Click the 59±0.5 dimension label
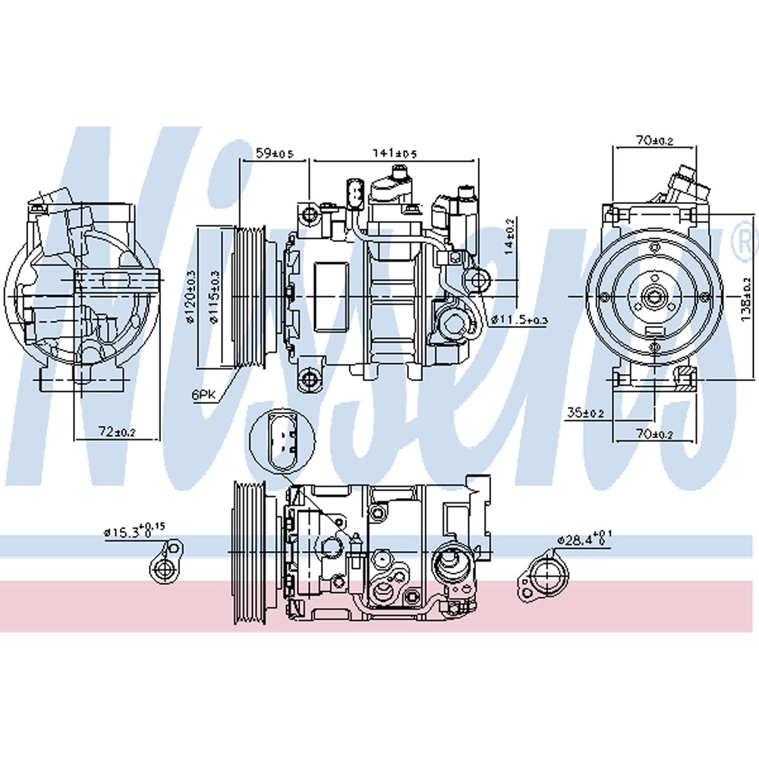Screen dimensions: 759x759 click(273, 153)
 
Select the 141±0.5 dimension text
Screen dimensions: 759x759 click(395, 153)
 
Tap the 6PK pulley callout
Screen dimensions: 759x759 click(204, 395)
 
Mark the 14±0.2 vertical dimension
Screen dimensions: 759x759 click(510, 236)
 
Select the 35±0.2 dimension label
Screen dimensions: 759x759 click(584, 414)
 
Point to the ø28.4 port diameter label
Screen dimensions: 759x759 click(584, 540)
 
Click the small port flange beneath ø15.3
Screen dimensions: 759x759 click(164, 566)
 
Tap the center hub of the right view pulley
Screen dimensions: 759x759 click(652, 296)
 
